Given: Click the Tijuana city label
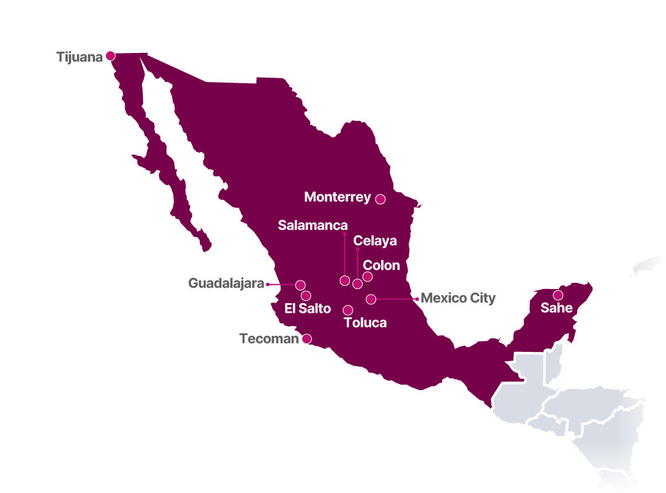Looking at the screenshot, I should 79,57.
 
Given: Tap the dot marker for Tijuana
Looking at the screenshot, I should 110,55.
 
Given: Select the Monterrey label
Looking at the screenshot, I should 337,197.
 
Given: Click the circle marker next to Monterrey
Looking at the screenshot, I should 380,199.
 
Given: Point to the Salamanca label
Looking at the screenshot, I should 313,226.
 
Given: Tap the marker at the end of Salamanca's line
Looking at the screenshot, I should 345,280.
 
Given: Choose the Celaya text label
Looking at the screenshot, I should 375,241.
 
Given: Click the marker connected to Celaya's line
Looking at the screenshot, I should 358,283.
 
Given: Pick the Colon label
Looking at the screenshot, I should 381,266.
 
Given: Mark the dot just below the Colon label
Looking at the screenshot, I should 368,277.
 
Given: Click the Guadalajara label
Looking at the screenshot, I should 226,283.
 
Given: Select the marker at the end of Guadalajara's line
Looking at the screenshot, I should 300,285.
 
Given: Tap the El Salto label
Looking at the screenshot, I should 308,309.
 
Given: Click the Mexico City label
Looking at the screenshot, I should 458,298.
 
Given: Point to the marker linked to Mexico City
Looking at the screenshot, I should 371,299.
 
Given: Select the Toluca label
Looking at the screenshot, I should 365,323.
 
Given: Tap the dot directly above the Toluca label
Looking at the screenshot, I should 348,310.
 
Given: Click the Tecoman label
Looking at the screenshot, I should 269,339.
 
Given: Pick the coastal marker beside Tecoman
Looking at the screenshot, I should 306,338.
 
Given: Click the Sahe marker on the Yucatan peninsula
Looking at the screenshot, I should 557,295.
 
